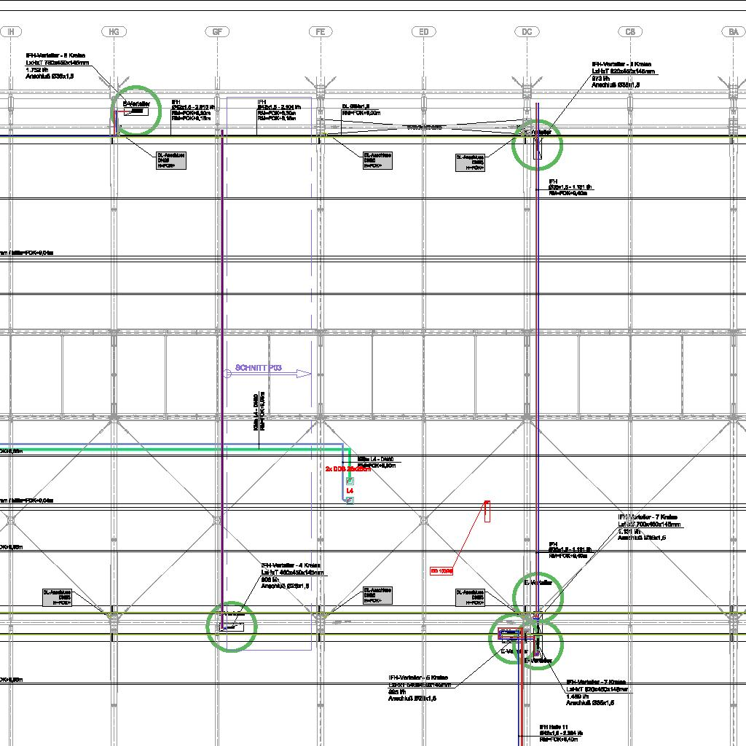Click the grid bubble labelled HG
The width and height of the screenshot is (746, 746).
point(113,32)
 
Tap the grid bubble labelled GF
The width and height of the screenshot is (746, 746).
point(216,32)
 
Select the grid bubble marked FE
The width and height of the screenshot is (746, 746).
point(320,32)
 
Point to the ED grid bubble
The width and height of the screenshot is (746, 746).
point(423,32)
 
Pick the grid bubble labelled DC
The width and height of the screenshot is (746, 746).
point(527,32)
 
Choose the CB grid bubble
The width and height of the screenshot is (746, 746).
point(630,32)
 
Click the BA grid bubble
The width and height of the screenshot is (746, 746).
point(733,32)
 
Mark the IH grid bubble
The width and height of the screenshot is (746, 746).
point(12,32)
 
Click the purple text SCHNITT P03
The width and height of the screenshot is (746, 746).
point(259,369)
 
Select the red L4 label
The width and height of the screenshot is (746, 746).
point(350,492)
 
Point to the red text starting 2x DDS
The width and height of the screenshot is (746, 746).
point(348,469)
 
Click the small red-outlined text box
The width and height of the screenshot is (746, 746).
point(441,571)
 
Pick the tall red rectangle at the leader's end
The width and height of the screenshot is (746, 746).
point(487,511)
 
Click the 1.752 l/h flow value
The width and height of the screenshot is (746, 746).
point(36,70)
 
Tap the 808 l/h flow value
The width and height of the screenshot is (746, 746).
point(270,579)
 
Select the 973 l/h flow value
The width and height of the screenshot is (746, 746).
point(600,78)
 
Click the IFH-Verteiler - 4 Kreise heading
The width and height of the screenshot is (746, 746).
point(291,566)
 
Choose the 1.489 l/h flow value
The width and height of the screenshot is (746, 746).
point(578,696)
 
